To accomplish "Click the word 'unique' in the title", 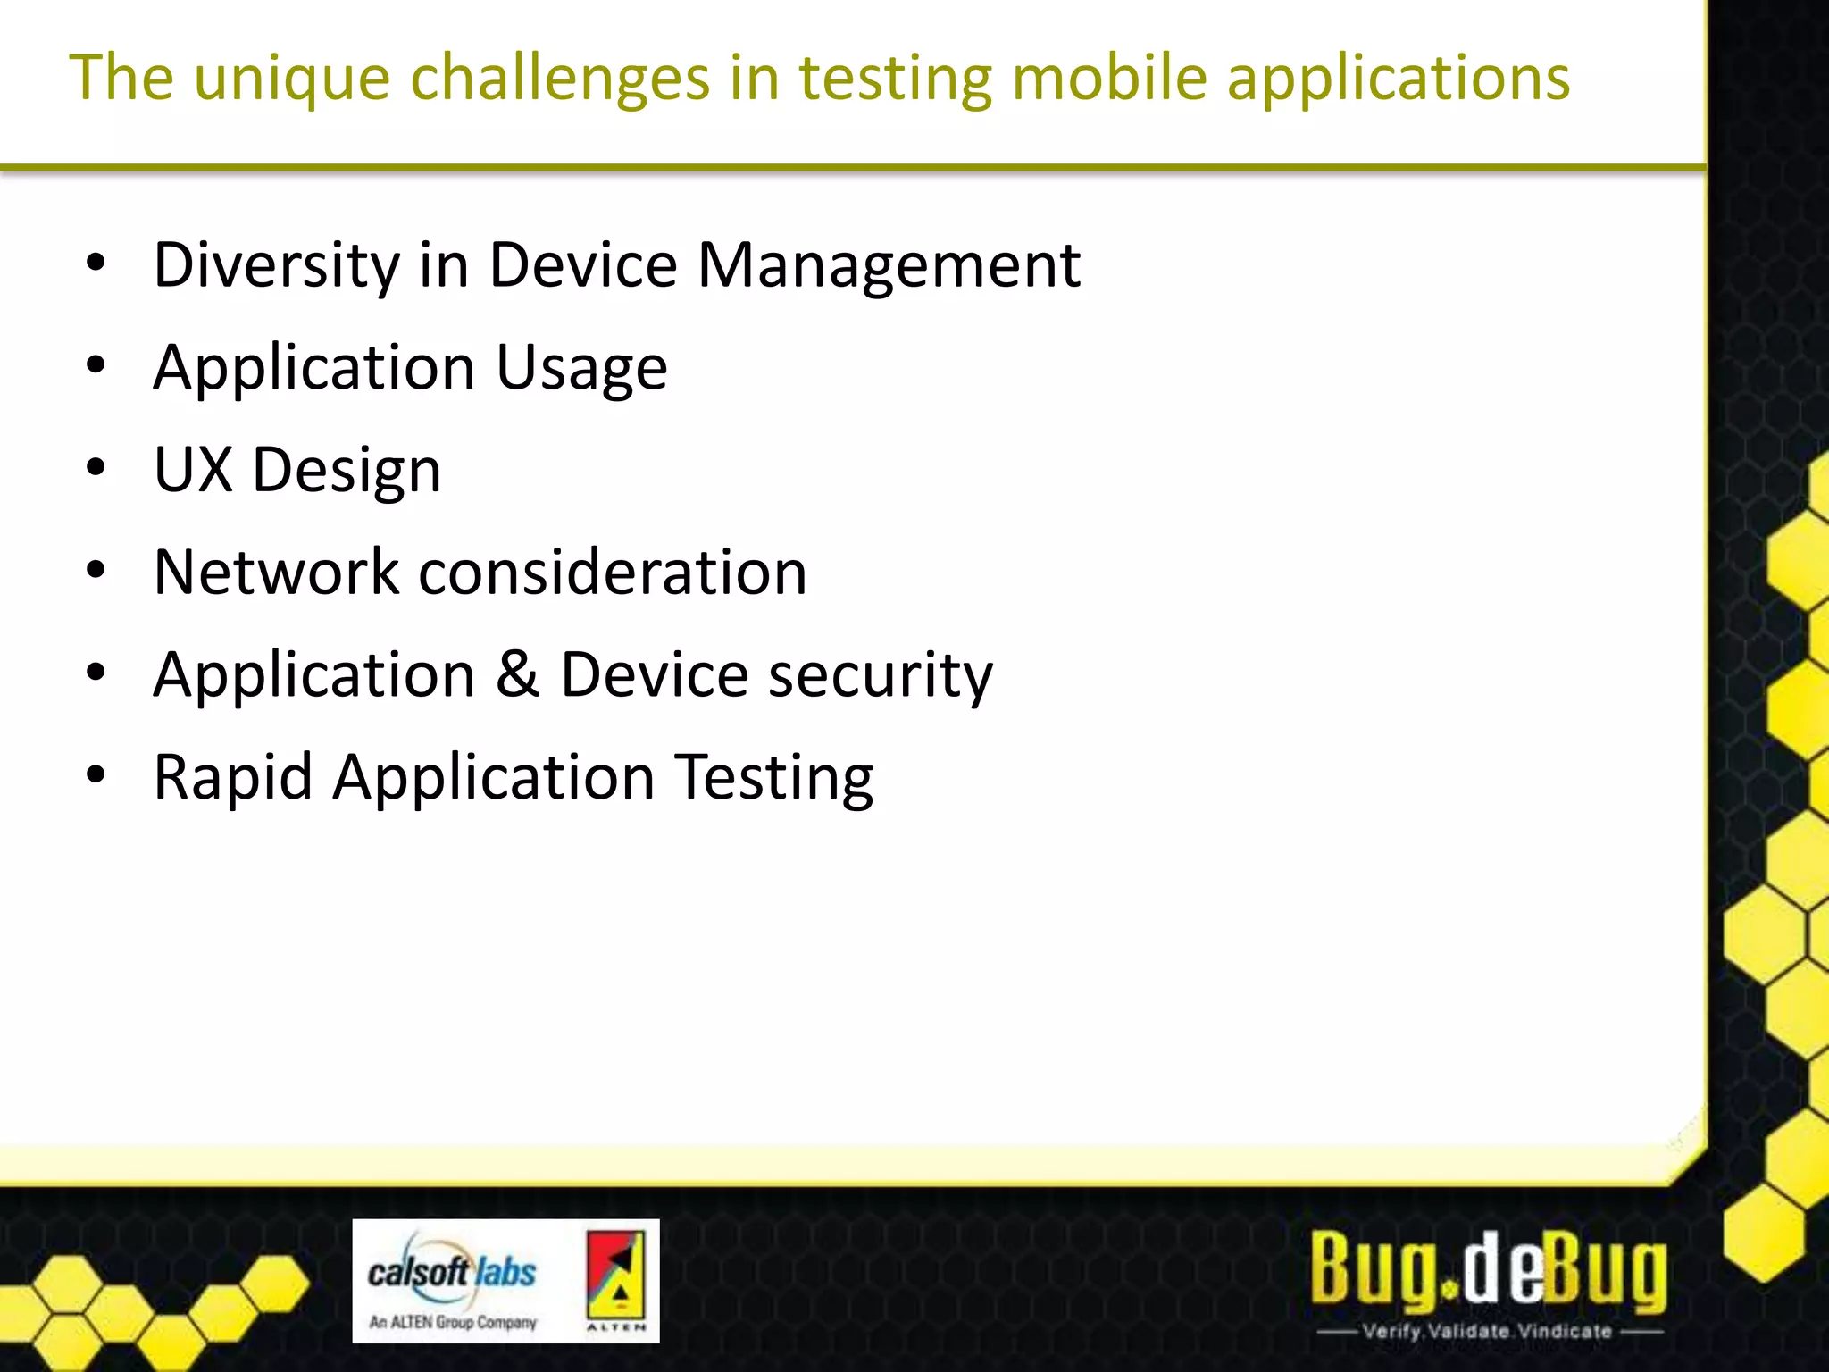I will [x=291, y=79].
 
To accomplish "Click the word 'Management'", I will [x=889, y=265].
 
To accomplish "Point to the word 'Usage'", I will [x=581, y=368].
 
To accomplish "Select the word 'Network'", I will [x=276, y=573].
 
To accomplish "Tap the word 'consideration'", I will [x=613, y=573].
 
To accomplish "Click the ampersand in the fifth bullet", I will [x=517, y=674].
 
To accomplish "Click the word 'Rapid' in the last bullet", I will [x=233, y=777].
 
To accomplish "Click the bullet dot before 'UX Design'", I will [x=96, y=468].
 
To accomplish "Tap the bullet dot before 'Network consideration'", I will [x=96, y=570].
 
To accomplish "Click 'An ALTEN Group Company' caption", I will [x=453, y=1322].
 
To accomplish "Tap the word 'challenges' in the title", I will [x=560, y=79].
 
